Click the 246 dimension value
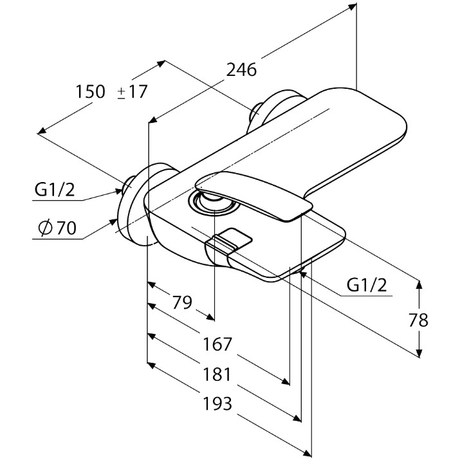[x=241, y=70]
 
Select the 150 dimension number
[x=90, y=91]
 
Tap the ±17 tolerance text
[x=132, y=91]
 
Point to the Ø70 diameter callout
[x=57, y=228]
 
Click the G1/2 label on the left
[x=55, y=190]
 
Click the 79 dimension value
[x=181, y=302]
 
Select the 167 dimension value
[x=217, y=344]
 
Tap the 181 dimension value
[x=217, y=374]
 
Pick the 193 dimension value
[x=217, y=403]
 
